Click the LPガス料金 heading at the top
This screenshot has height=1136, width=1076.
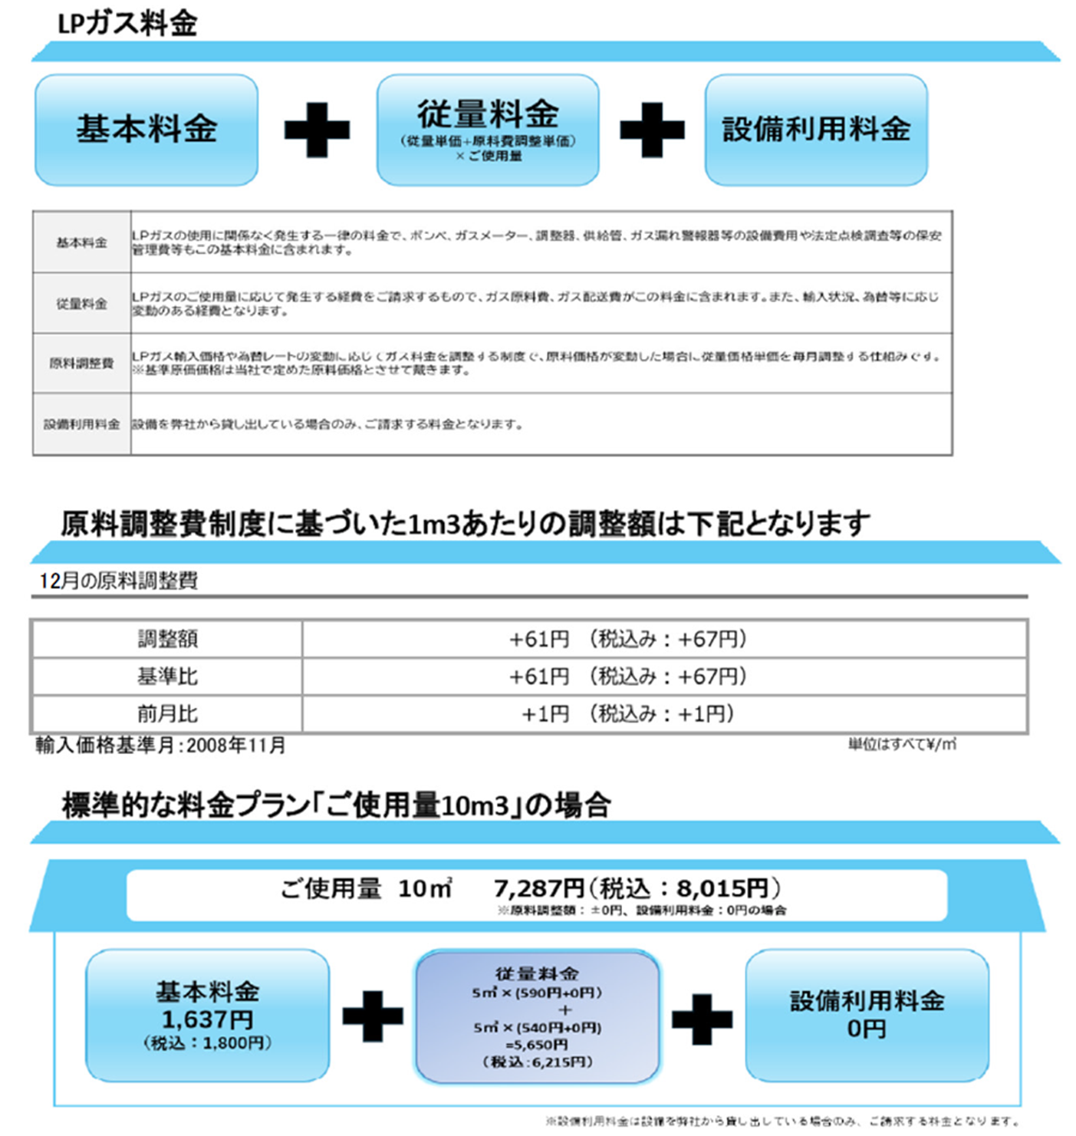click(127, 23)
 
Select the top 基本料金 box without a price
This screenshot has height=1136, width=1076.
click(146, 129)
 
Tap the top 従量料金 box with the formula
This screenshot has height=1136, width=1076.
click(488, 129)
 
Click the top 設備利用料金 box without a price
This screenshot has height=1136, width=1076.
click(816, 129)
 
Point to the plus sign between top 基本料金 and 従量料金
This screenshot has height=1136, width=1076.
click(317, 130)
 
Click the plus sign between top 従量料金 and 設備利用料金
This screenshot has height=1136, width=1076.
click(652, 130)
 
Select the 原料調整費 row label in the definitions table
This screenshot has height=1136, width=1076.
click(81, 363)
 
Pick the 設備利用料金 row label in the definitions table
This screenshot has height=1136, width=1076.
click(81, 424)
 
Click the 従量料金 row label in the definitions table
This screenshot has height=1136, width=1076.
click(81, 304)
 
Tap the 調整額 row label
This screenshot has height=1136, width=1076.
click(167, 638)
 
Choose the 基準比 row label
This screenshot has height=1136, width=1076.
click(167, 676)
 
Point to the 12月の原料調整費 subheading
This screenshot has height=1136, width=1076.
click(119, 581)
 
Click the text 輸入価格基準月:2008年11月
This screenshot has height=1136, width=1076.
click(160, 745)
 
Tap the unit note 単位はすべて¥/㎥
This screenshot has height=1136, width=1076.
click(902, 744)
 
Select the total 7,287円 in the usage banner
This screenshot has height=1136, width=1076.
click(538, 888)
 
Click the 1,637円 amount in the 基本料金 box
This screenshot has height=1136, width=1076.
click(207, 1019)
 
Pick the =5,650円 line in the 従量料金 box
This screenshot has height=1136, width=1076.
click(537, 1044)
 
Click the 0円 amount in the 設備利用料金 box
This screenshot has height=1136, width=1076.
click(867, 1029)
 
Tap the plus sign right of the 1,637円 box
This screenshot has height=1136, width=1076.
click(373, 1016)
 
